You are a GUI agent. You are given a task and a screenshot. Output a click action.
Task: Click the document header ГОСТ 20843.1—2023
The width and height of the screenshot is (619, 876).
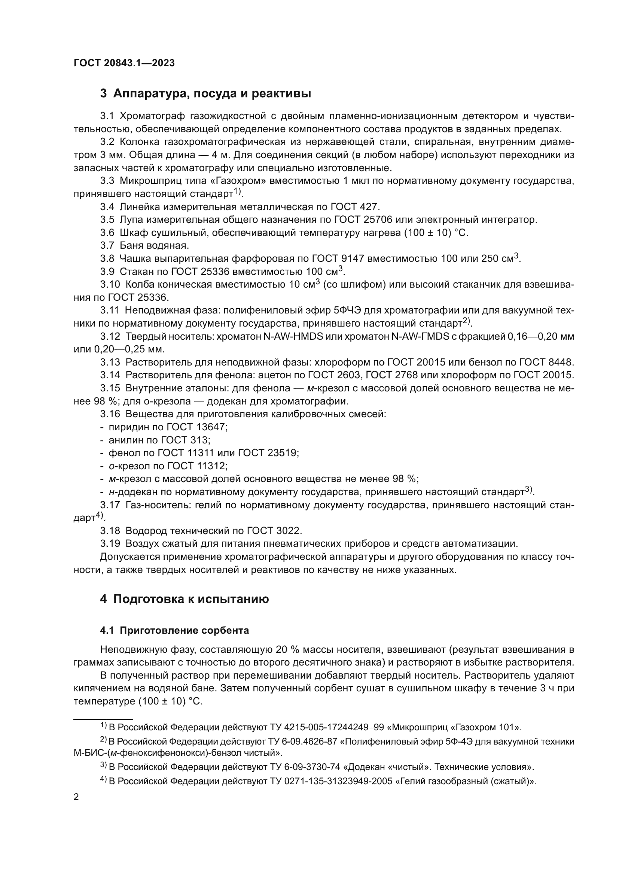[124, 63]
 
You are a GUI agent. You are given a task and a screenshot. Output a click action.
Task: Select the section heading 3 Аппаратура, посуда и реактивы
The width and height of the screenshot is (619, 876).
[205, 94]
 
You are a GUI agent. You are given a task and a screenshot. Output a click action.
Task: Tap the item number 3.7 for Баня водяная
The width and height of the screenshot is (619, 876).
[107, 245]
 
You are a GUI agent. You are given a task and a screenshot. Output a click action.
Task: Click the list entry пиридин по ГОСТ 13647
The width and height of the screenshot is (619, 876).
[168, 427]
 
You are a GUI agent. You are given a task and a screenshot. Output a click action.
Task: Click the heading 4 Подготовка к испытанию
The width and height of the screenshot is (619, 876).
[184, 599]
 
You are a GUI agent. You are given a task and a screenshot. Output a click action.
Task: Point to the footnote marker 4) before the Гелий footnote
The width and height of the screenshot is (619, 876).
[103, 780]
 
